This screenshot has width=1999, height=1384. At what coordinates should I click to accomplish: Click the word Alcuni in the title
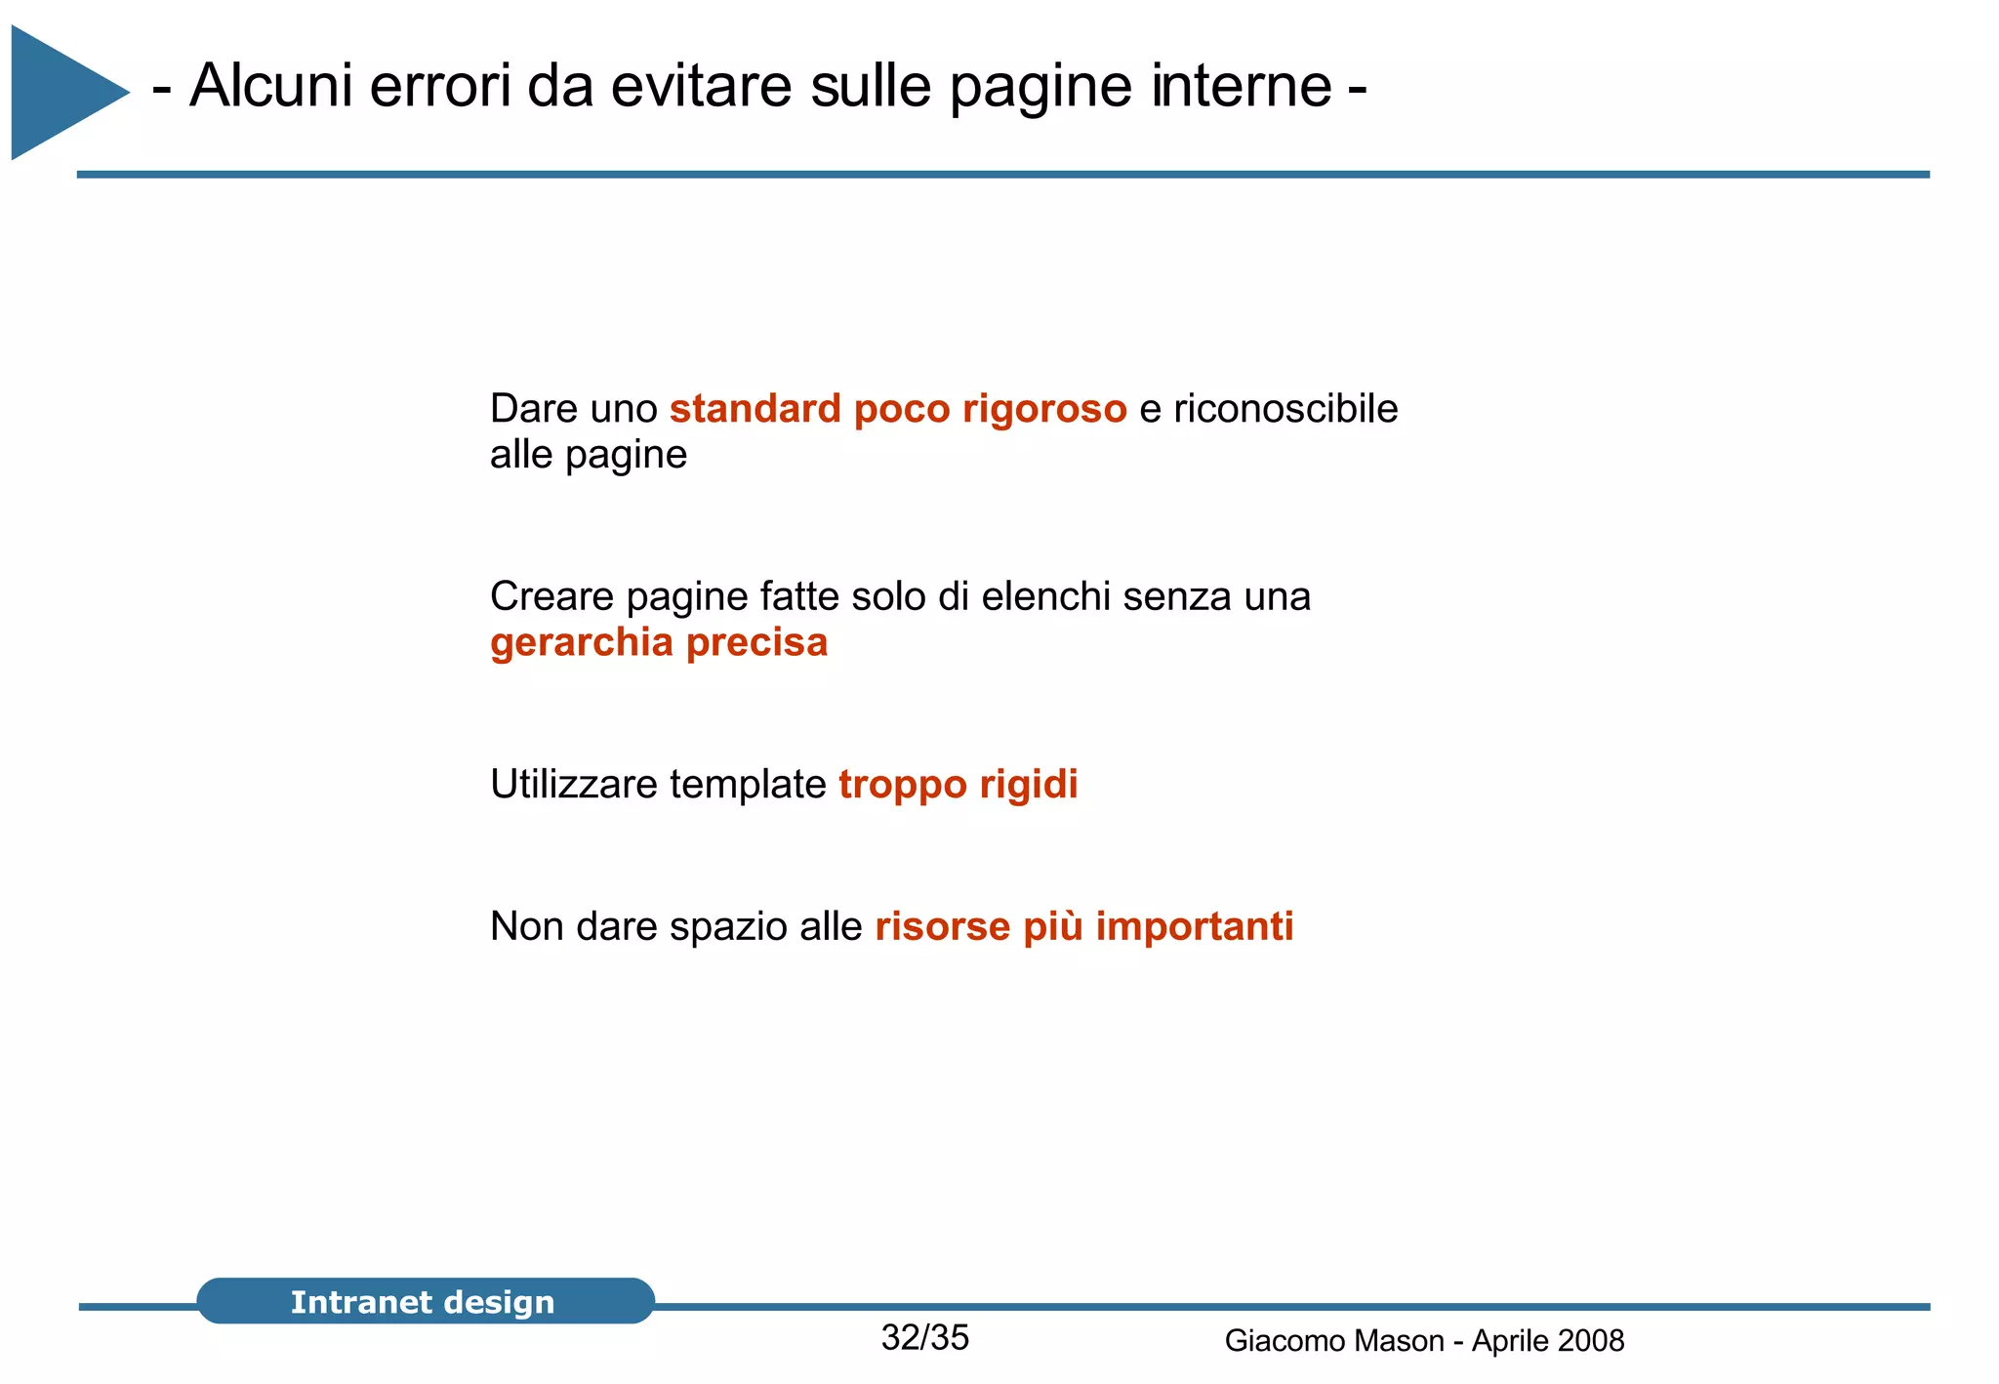[270, 86]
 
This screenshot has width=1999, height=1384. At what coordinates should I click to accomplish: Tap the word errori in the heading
[440, 86]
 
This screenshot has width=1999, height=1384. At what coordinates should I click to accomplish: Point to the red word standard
[755, 409]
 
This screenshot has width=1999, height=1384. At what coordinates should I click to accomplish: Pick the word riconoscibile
[1285, 409]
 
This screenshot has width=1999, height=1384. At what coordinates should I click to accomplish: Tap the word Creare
[551, 596]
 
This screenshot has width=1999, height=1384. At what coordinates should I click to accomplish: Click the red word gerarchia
[582, 643]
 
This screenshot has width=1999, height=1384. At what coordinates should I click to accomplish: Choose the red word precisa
[756, 643]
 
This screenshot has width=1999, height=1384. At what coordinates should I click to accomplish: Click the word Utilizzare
[574, 785]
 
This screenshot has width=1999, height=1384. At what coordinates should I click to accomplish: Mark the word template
[748, 785]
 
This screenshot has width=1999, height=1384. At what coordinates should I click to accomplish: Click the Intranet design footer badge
[425, 1301]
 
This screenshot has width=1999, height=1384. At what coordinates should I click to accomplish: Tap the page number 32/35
[924, 1338]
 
